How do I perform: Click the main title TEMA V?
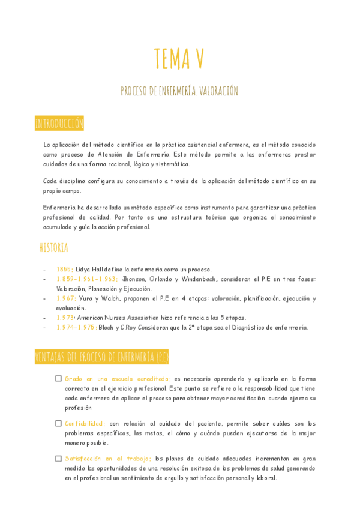179,59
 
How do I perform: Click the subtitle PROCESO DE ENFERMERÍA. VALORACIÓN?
179,91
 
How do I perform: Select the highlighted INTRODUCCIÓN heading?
59,124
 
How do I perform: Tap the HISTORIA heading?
53,248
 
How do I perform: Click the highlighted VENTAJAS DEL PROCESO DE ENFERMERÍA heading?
101,358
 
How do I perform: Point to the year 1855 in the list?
65,270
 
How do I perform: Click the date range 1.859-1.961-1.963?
88,279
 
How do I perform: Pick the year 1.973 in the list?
65,318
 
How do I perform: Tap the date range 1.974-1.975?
76,327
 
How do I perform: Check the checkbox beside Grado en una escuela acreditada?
58,379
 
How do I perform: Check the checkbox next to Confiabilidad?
58,423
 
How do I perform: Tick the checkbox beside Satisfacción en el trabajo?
58,459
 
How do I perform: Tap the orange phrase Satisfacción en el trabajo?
109,459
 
